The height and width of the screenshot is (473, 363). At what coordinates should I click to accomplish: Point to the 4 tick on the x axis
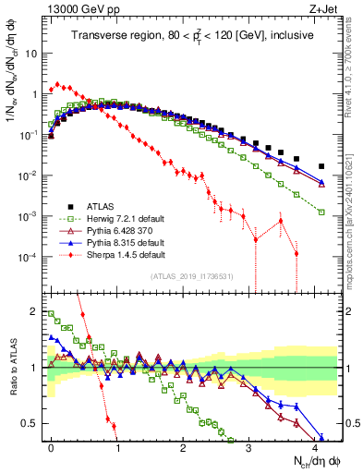pyautogui.click(x=315, y=447)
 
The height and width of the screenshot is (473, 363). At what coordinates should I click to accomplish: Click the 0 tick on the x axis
pyautogui.click(x=52, y=447)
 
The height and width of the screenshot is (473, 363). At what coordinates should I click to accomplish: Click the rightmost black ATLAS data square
pyautogui.click(x=321, y=166)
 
